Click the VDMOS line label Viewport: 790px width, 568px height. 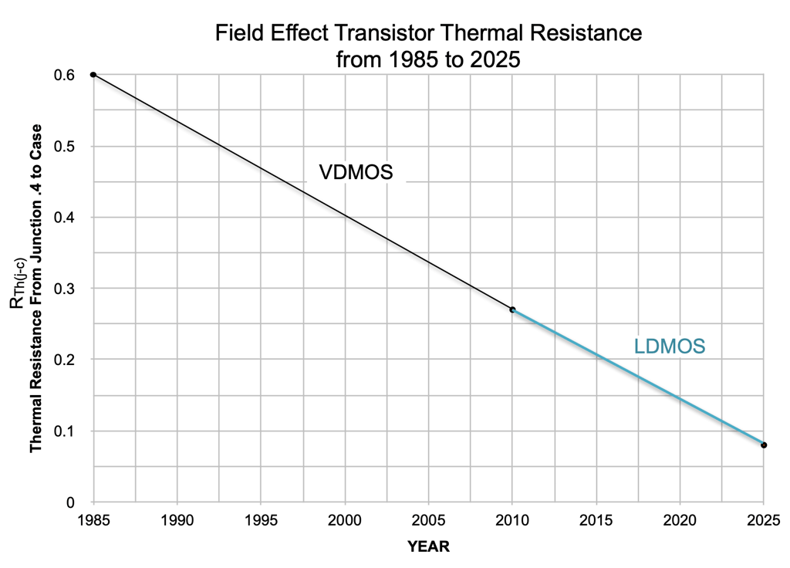(x=356, y=172)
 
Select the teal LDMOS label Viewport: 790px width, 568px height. (x=669, y=347)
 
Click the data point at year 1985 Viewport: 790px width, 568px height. (x=93, y=75)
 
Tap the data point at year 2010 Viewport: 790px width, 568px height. (x=512, y=309)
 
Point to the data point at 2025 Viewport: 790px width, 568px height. (x=764, y=445)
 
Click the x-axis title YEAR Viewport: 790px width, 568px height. (x=428, y=546)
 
